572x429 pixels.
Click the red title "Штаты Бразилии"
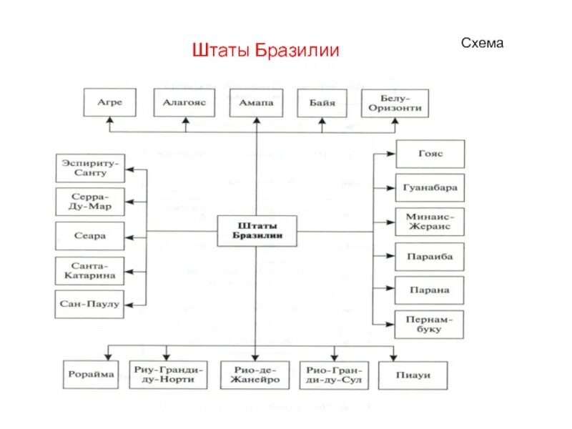[265, 51]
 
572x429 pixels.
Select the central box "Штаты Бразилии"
[257, 230]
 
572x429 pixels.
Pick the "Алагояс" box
[184, 103]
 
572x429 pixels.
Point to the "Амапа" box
[256, 103]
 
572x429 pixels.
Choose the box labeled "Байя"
[322, 103]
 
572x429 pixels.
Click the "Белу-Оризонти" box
[395, 103]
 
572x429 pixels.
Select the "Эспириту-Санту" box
[89, 167]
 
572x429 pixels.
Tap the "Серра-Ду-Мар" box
[89, 202]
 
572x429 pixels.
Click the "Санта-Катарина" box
[89, 270]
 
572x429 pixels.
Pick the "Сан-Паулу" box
[89, 304]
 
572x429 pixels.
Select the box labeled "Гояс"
[430, 154]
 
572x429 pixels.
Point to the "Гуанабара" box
[430, 188]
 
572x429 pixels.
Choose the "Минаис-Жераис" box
[430, 222]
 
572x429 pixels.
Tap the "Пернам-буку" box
[430, 324]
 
